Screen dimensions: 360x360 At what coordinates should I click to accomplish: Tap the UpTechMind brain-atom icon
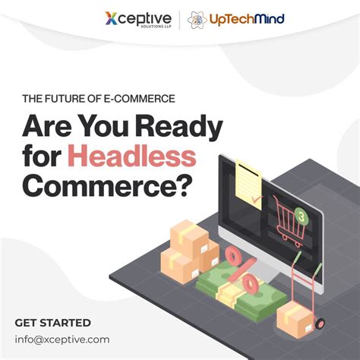[197, 19]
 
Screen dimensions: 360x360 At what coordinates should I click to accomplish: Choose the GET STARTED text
[52, 323]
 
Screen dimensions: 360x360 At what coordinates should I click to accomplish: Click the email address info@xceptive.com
[62, 339]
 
